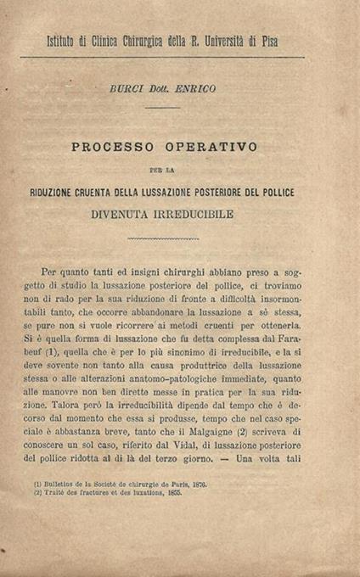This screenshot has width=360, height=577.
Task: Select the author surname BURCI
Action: pos(127,87)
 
